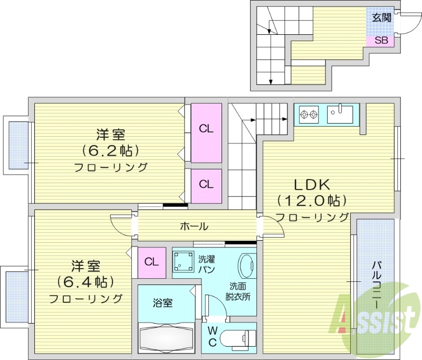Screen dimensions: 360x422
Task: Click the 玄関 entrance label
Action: tap(381, 18)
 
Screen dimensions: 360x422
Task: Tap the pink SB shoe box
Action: tap(381, 40)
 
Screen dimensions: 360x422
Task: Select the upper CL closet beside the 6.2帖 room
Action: tap(206, 129)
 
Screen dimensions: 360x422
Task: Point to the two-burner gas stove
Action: tap(309, 113)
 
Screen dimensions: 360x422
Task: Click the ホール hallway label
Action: tap(194, 226)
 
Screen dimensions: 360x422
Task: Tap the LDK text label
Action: tap(311, 185)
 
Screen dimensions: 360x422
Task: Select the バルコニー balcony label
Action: tap(376, 285)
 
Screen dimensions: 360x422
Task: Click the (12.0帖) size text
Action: tap(311, 201)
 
